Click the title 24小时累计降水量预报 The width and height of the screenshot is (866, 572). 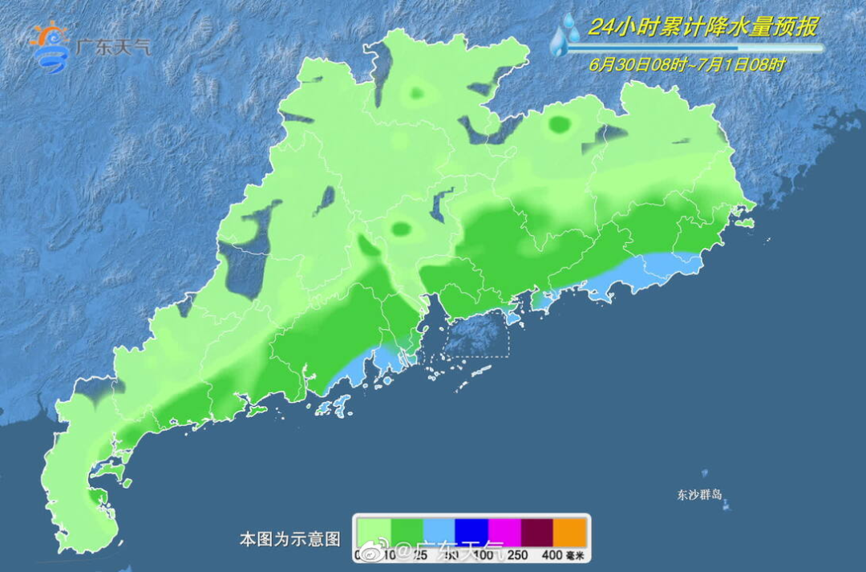coord(703,26)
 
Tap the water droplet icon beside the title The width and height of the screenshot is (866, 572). coord(566,37)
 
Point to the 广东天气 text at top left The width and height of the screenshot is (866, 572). coord(111,47)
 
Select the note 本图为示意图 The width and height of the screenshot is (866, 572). coord(289,539)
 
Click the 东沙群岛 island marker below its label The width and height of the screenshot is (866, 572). coord(726,506)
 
